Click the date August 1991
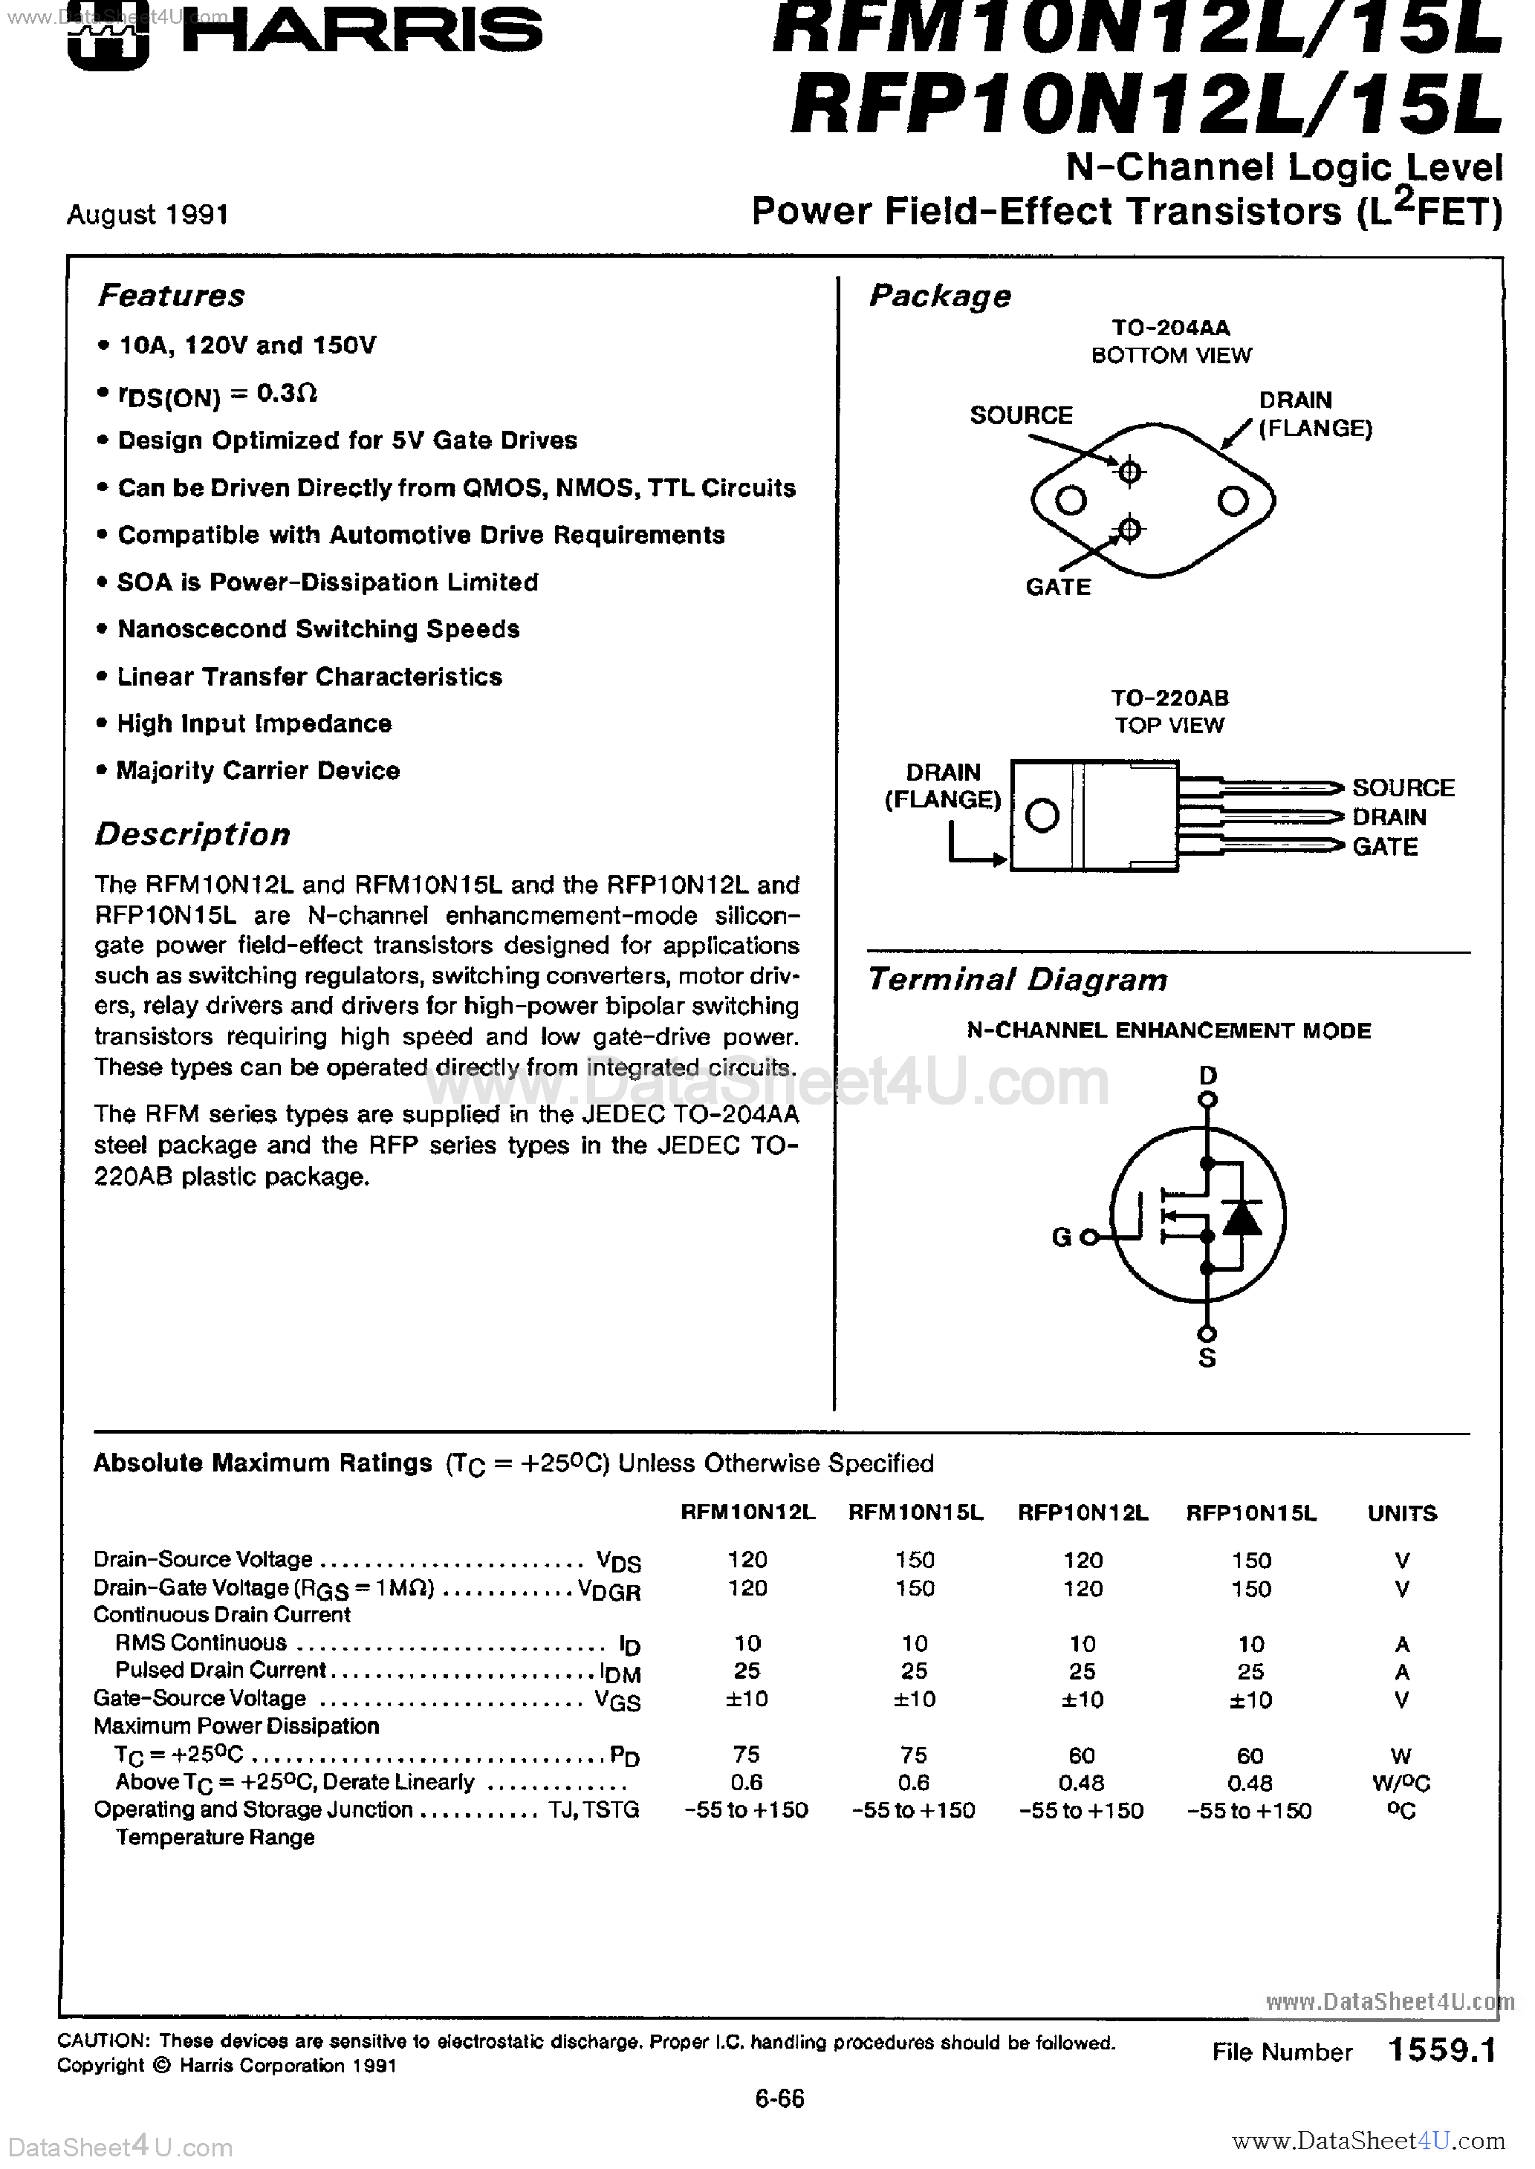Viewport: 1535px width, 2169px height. click(147, 215)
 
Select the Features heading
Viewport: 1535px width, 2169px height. click(171, 296)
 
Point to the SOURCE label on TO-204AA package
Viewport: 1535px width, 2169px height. click(1021, 416)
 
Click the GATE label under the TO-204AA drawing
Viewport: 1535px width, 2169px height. click(1058, 587)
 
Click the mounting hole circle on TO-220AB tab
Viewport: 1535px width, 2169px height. click(1042, 816)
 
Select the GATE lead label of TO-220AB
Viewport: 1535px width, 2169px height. click(1385, 847)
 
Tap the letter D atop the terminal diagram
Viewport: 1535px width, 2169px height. click(1207, 1075)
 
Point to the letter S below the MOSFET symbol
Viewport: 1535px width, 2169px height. click(1207, 1359)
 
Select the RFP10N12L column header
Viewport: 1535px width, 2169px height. click(1083, 1512)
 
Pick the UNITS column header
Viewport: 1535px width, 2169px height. click(1402, 1513)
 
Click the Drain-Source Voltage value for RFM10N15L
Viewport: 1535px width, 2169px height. click(914, 1560)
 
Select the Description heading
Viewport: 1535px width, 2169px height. click(193, 834)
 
